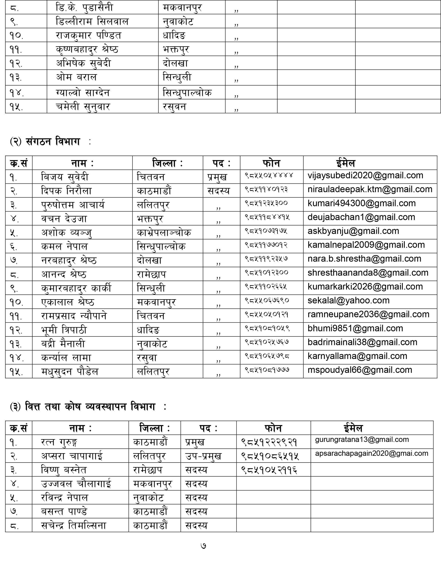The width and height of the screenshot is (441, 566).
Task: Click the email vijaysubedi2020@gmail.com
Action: pyautogui.click(x=365, y=176)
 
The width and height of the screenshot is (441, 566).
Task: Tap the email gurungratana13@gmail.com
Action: pyautogui.click(x=362, y=440)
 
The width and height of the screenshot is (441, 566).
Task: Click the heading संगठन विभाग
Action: pyautogui.click(x=53, y=142)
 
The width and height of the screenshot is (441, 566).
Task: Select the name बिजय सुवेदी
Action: pyautogui.click(x=65, y=177)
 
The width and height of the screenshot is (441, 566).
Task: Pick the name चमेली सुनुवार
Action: pyautogui.click(x=83, y=107)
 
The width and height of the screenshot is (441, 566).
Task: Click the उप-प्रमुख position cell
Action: pyautogui.click(x=203, y=456)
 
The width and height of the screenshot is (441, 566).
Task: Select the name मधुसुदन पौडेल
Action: pyautogui.click(x=70, y=372)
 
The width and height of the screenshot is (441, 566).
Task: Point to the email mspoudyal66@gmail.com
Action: pyautogui.click(x=360, y=370)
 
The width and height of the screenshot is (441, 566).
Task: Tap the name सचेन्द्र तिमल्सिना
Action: pyautogui.click(x=74, y=526)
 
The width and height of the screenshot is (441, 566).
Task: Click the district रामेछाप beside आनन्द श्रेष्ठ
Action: pyautogui.click(x=152, y=274)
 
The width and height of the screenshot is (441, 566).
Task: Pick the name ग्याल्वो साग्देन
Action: pyautogui.click(x=83, y=92)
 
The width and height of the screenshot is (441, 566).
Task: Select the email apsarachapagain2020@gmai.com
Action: pyautogui.click(x=372, y=453)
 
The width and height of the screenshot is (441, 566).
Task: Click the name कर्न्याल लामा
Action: pyautogui.click(x=66, y=358)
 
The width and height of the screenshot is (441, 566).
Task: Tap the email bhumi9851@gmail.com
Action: pyautogui.click(x=355, y=328)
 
